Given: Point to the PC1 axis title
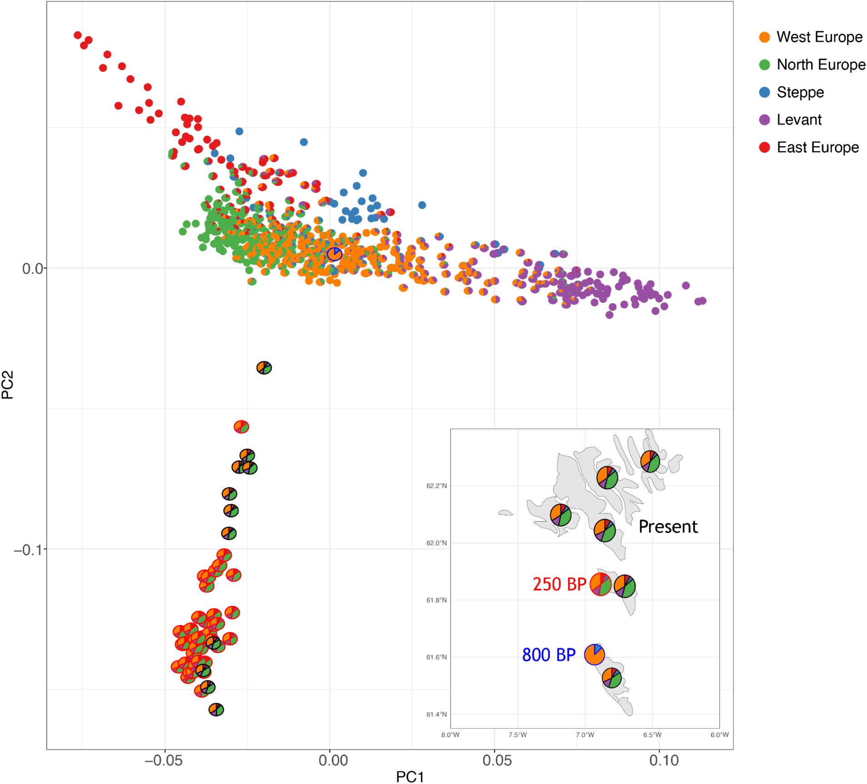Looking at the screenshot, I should click(409, 776).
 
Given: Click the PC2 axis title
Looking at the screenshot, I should click(8, 385).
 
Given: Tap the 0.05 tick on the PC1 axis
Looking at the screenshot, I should click(497, 760).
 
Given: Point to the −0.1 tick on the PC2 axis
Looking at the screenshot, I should click(28, 550).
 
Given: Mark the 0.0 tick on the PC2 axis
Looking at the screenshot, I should click(33, 268).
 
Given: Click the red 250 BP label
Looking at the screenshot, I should click(559, 584).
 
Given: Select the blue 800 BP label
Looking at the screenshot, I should click(548, 655).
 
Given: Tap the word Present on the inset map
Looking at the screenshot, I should click(668, 527).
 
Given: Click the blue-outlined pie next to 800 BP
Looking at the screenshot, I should click(594, 655).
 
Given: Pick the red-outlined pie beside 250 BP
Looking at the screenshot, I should click(600, 584).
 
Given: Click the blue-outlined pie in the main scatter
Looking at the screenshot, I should click(334, 254).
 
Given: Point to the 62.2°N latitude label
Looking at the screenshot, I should click(436, 486).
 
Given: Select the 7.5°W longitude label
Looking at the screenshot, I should click(517, 735).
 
